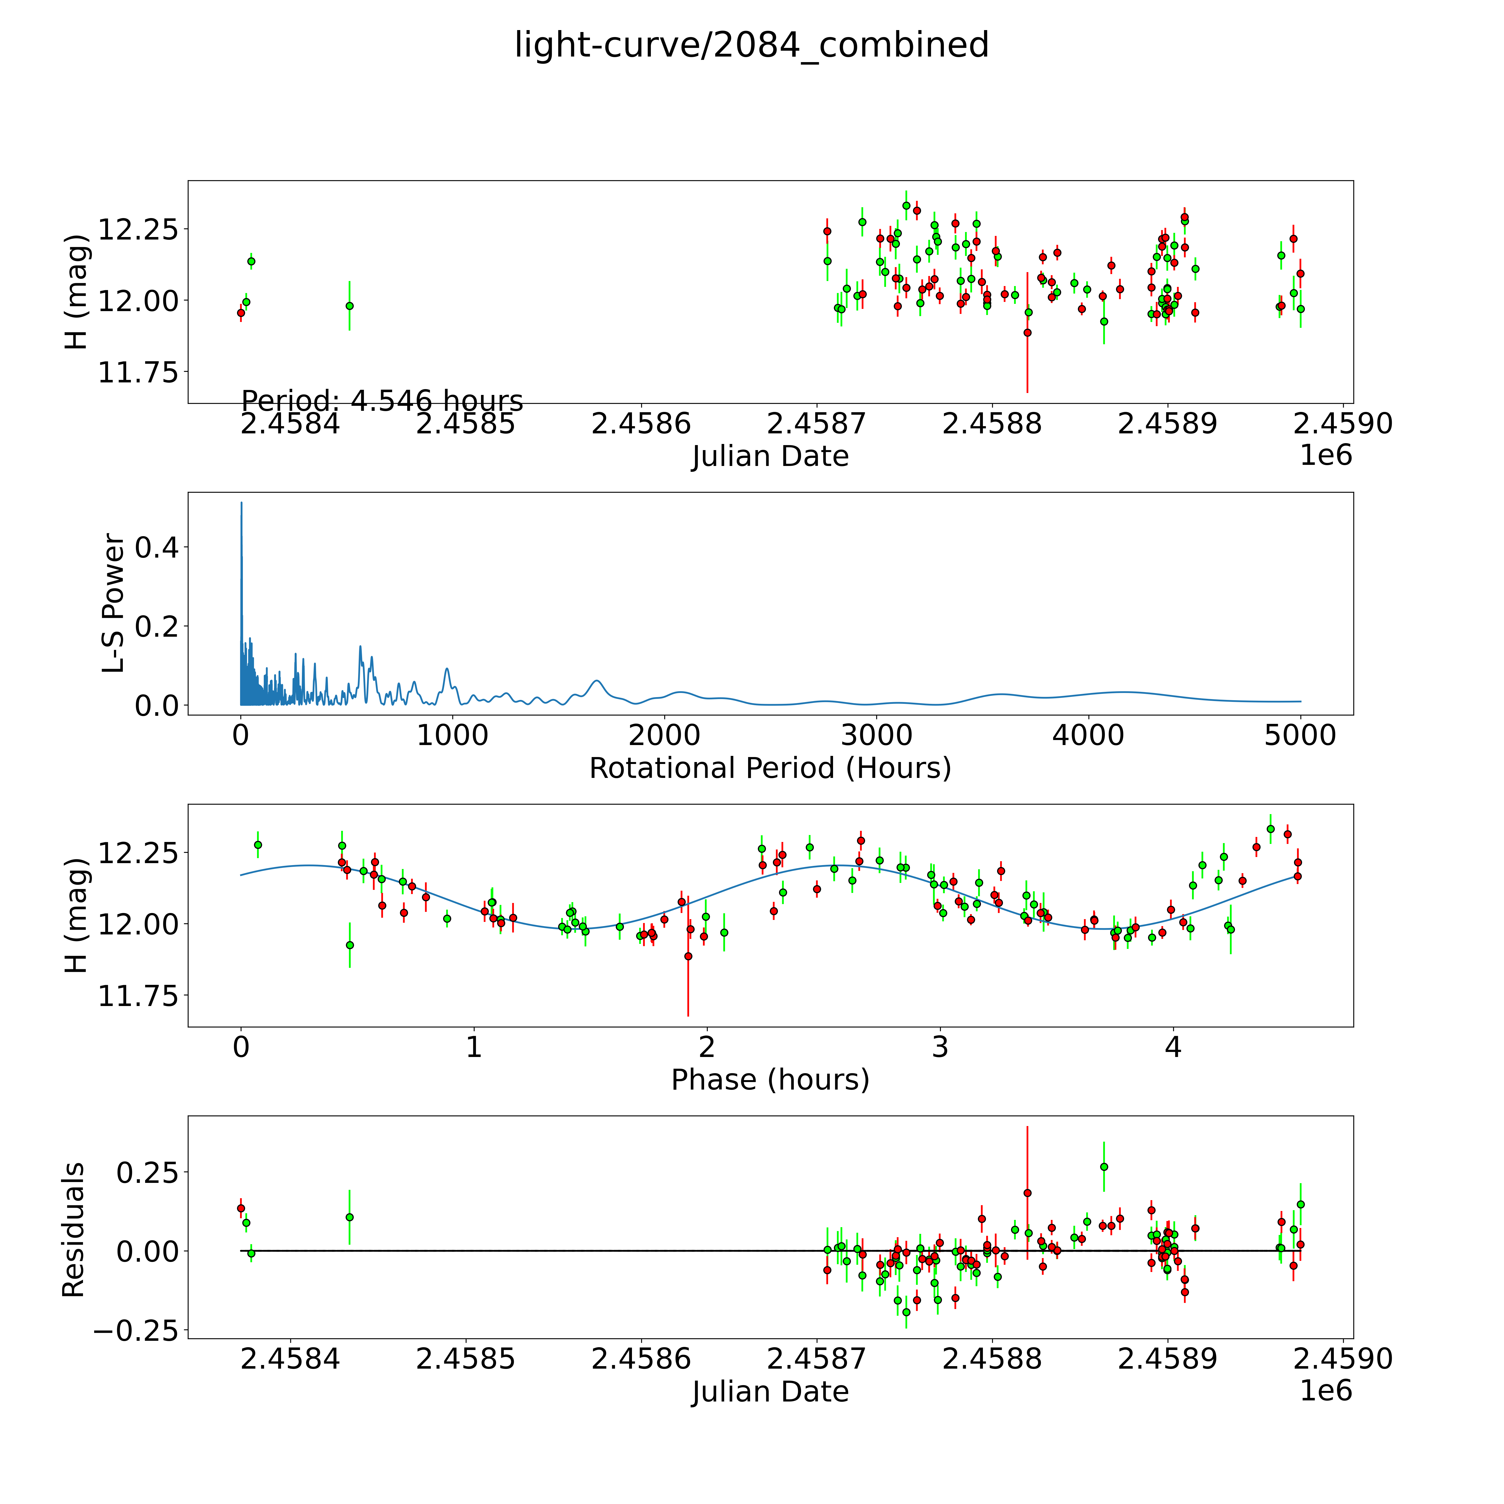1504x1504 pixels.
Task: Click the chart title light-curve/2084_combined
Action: pyautogui.click(x=751, y=45)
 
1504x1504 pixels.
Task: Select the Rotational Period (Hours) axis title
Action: pyautogui.click(x=770, y=768)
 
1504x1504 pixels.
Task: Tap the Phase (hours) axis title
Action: pyautogui.click(x=770, y=1080)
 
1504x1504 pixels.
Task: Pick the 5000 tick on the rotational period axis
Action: pyautogui.click(x=1300, y=736)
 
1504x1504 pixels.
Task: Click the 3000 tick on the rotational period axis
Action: pyautogui.click(x=876, y=736)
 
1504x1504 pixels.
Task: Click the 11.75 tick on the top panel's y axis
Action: pyautogui.click(x=138, y=372)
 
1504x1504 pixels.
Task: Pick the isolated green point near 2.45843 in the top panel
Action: pyautogui.click(x=350, y=306)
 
